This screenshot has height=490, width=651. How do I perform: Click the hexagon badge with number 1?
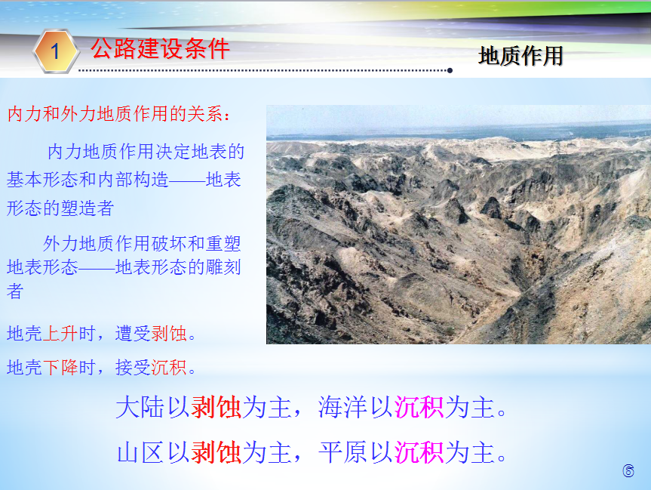56,51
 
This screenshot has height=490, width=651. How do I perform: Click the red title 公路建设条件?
160,48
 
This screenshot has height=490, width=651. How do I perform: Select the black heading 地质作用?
520,56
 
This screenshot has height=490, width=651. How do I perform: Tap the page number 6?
628,470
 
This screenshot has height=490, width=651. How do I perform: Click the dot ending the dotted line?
450,71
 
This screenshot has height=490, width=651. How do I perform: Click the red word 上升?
60,333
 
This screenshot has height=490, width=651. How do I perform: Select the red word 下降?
60,368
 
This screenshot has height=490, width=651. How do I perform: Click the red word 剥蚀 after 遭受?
169,333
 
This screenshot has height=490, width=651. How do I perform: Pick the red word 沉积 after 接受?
169,368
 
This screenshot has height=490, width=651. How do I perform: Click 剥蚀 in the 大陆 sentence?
216,407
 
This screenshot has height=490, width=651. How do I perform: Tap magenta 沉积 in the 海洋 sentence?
419,407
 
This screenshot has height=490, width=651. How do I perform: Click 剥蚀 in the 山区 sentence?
216,452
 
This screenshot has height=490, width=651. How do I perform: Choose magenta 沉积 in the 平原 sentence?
419,452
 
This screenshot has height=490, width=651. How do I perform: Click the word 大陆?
140,407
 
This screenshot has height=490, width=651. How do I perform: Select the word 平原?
343,452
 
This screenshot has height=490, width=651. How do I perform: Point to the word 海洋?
343,407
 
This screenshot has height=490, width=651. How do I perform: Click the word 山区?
140,452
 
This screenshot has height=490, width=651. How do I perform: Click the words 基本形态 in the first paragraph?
42,180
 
